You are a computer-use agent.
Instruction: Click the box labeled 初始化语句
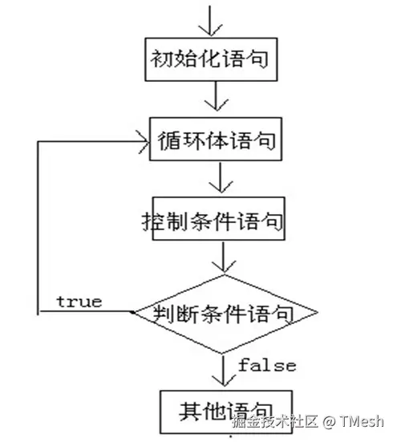coord(210,59)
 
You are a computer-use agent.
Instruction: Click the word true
coord(79,302)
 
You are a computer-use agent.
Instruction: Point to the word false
coord(266,366)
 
